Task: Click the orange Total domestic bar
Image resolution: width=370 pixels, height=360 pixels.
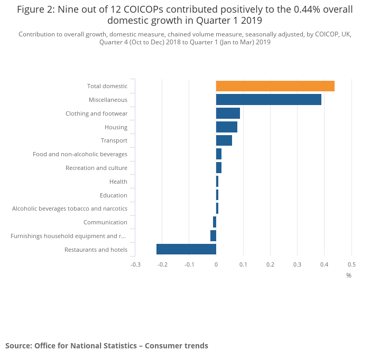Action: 275,86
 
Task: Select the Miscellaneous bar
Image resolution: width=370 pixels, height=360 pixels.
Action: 269,100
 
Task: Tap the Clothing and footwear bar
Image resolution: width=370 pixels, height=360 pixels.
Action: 228,113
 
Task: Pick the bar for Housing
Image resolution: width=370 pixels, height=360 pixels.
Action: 227,127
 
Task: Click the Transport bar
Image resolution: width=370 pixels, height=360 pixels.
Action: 224,140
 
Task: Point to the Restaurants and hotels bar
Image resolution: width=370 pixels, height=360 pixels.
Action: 186,250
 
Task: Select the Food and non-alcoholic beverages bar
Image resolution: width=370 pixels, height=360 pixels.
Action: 219,154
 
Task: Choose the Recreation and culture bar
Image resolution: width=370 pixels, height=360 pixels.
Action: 219,168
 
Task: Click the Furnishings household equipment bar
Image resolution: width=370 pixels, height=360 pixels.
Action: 213,236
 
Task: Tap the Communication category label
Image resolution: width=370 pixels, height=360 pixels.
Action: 105,222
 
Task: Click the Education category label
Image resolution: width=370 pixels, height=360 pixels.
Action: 113,195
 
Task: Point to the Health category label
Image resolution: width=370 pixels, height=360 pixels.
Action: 118,182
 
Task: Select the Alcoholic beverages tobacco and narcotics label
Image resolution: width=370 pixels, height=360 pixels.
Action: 69,209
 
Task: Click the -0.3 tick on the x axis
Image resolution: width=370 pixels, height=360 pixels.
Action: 135,264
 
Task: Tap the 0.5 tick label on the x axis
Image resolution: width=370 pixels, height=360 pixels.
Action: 351,264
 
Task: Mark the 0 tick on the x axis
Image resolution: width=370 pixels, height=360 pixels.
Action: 216,264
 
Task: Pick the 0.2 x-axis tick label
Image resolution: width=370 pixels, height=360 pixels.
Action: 270,264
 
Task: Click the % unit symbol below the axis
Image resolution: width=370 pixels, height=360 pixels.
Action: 349,276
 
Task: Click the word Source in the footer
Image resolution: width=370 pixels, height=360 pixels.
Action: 18,346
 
